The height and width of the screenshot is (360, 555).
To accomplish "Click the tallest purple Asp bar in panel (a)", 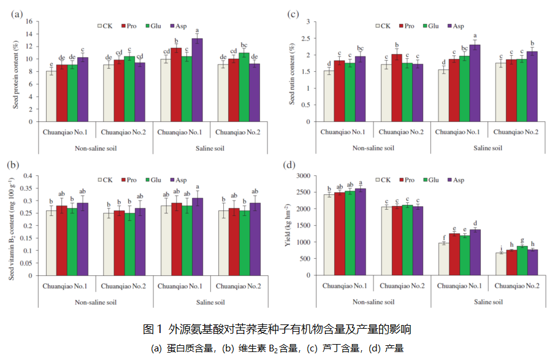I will pos(197,80).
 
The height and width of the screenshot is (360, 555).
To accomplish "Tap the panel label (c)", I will pos(293,13).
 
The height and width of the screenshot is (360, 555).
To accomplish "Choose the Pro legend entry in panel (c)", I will pos(406,26).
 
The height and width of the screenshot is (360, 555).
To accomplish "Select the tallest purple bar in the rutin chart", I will pos(475,83).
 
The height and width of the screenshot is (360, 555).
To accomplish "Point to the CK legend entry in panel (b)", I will pos(105,180).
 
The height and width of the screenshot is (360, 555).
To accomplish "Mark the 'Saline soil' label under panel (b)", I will pos(209,302).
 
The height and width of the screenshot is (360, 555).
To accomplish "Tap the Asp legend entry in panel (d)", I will pos(456,180).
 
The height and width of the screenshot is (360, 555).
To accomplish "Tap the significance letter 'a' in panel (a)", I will pos(197,31).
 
